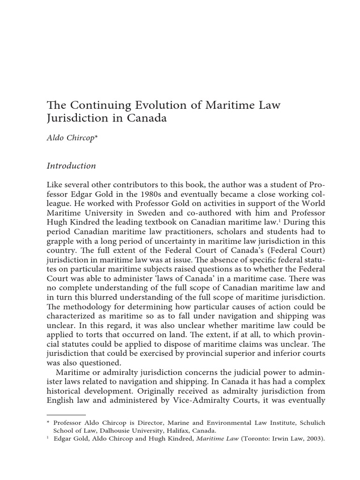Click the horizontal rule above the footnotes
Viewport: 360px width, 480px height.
[67, 415]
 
